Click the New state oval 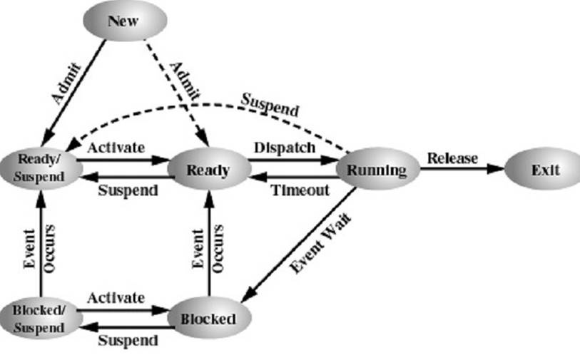click(125, 21)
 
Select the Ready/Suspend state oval click(41, 168)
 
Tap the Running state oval click(377, 169)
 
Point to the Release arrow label click(452, 158)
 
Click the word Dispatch click(285, 148)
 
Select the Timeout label click(300, 190)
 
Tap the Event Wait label click(320, 242)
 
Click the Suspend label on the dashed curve click(270, 105)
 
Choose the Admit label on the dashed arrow click(185, 81)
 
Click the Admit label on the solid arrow click(66, 84)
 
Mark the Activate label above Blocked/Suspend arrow click(116, 297)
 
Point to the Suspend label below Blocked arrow click(128, 341)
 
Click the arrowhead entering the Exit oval click(496, 169)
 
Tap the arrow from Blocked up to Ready click(209, 243)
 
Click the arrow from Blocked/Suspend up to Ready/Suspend click(41, 244)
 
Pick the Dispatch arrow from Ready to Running click(292, 160)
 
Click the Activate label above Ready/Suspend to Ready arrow click(116, 148)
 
